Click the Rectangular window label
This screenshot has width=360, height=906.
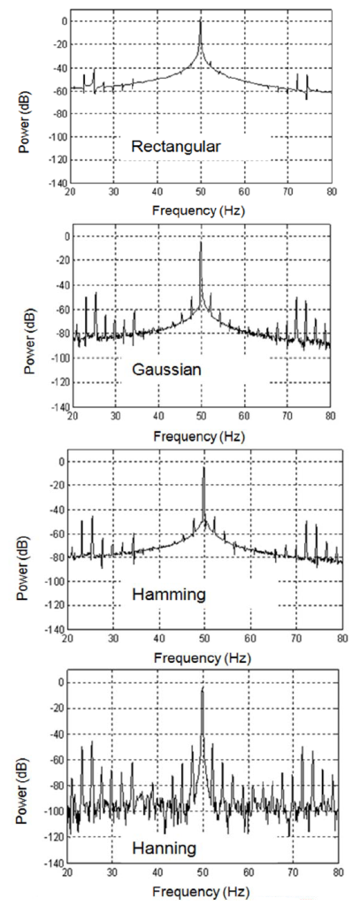176,147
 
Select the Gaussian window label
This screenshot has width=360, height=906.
166,370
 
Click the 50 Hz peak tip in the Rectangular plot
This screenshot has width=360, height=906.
201,19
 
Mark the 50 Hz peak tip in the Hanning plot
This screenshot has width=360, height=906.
203,687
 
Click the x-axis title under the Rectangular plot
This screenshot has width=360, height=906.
198,211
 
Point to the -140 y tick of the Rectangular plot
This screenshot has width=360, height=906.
56,183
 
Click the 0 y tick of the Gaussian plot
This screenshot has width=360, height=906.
65,235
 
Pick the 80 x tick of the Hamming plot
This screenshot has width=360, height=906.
342,640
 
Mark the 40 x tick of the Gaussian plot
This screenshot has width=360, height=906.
158,416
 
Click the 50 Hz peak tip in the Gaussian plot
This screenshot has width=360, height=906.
201,242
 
